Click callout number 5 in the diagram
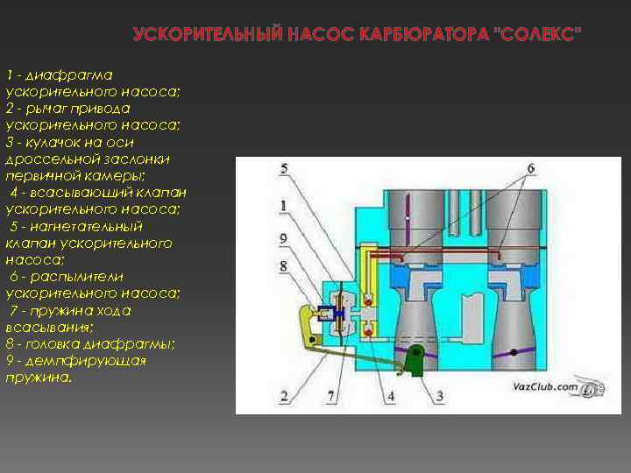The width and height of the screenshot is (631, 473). point(285,167)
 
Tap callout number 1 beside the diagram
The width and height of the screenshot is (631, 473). point(283,206)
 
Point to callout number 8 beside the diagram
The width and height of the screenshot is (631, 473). point(283,265)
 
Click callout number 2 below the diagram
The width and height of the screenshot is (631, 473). point(285,396)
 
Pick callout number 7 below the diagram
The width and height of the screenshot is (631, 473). point(330,396)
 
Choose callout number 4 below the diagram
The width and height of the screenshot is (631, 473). point(390,396)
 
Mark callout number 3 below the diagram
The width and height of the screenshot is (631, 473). point(439,396)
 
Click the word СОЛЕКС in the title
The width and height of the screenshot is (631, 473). point(537,34)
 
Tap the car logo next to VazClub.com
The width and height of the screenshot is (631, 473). point(592,388)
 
